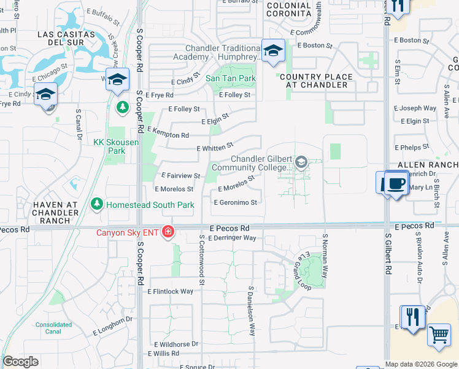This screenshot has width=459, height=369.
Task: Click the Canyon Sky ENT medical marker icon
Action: point(168,232)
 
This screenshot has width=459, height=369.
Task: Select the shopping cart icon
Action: point(439,336)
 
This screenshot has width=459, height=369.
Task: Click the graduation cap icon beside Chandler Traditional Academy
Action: point(272,50)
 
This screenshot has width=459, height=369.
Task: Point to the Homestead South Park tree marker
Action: point(97,204)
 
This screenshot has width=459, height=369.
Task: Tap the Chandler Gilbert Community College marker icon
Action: point(301,162)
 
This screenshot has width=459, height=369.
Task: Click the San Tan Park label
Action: point(230,78)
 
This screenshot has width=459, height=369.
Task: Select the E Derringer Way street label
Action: point(232,237)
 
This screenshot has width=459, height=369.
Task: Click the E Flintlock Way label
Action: point(170,292)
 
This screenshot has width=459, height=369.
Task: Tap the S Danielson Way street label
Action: point(251,311)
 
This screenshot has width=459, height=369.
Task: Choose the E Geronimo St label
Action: point(235,202)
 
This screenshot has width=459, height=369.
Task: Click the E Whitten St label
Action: point(214,147)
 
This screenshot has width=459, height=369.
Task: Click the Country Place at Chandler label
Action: point(316,81)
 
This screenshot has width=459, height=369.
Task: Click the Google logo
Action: point(20,362)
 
